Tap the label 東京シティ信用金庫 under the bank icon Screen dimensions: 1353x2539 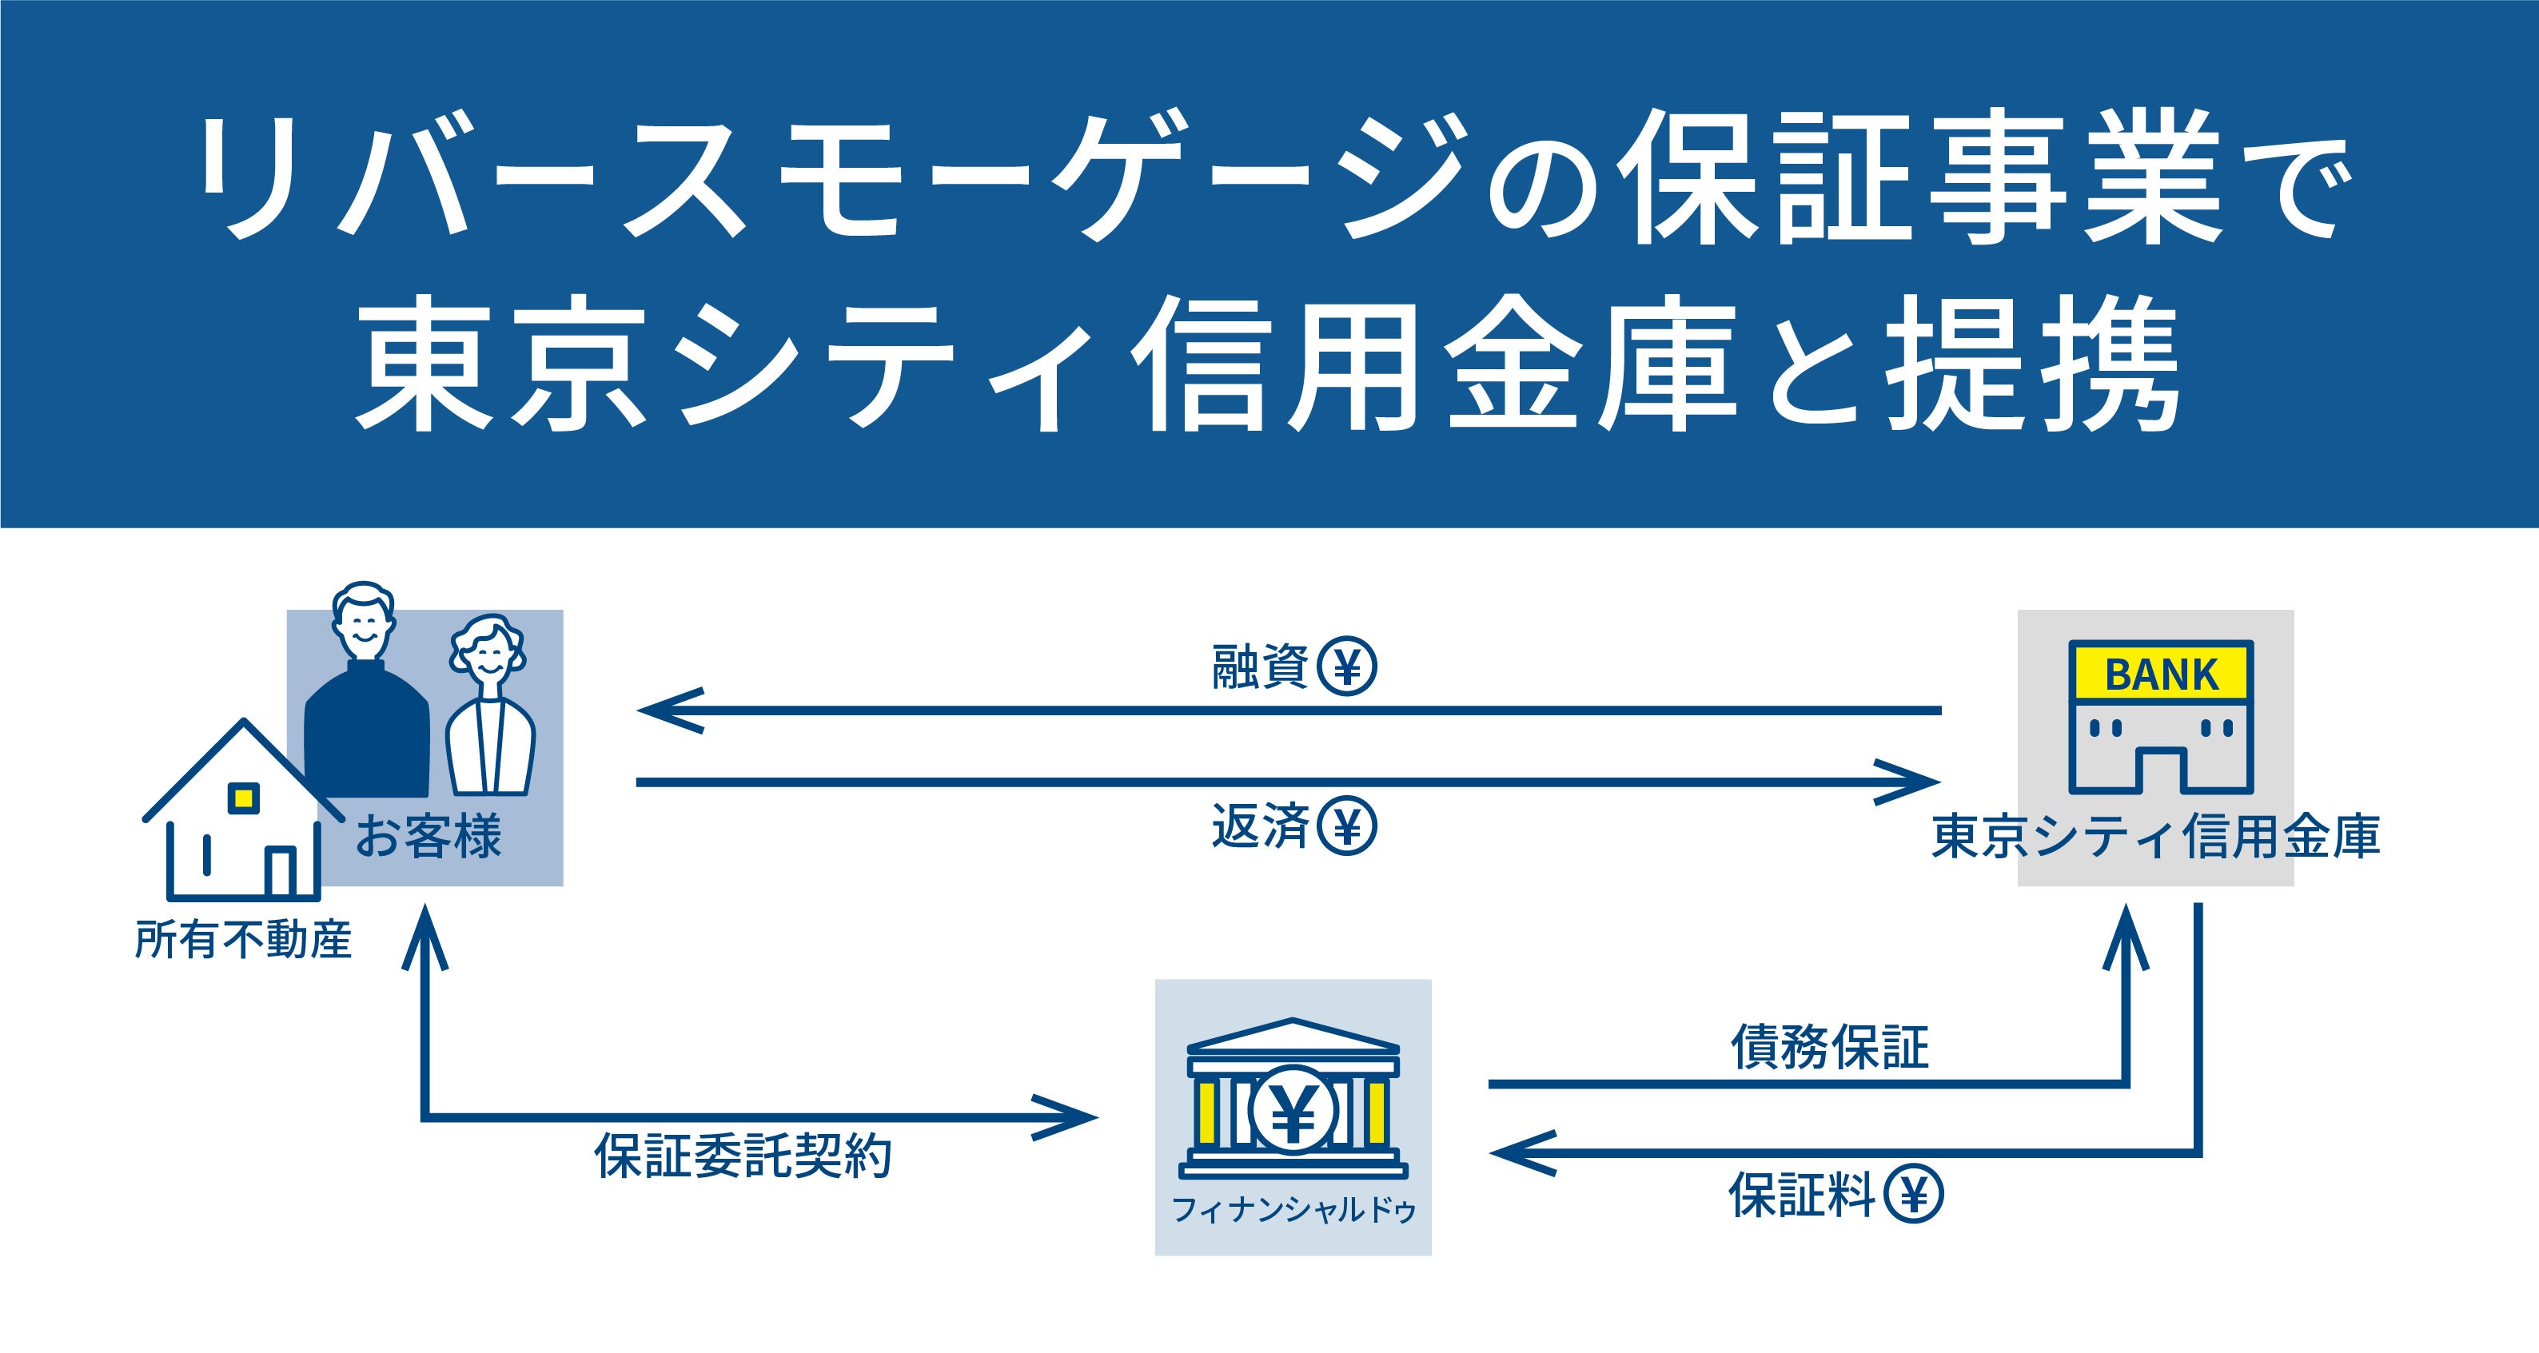coord(2155,837)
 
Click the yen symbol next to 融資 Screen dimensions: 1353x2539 coord(1347,667)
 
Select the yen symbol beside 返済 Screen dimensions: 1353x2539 coord(1347,826)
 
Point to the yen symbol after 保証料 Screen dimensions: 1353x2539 coord(1913,1196)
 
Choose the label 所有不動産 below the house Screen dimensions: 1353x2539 coord(244,939)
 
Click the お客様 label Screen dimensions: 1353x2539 coord(428,837)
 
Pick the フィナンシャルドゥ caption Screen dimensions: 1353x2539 coord(1293,1210)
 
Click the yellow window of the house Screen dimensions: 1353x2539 coord(244,798)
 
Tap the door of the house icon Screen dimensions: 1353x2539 coord(281,871)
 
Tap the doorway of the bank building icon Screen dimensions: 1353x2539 coord(2161,771)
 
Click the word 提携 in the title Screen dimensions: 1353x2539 coord(2035,364)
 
